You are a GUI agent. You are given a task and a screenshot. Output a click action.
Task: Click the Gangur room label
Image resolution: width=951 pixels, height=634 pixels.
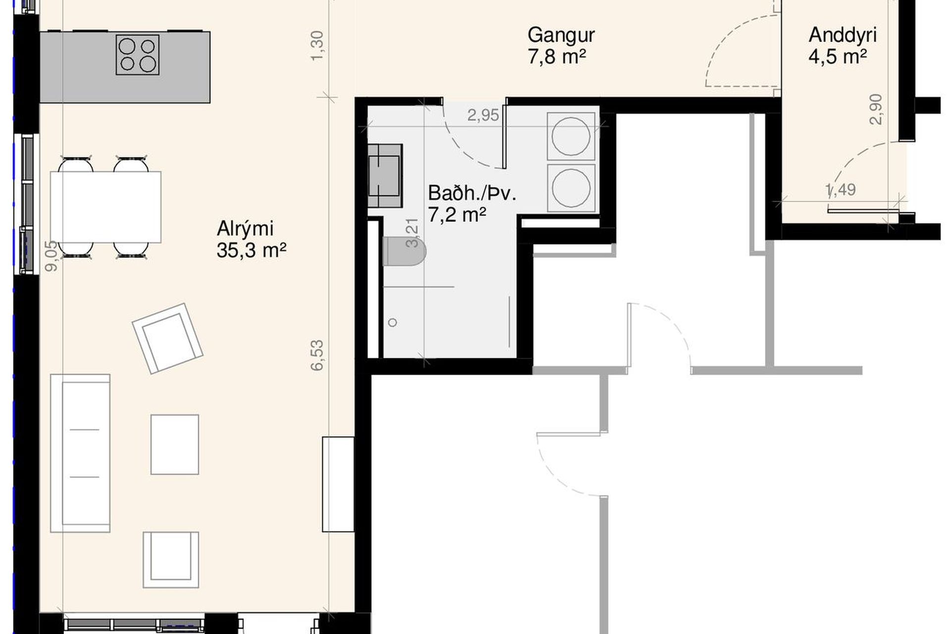pyautogui.click(x=561, y=35)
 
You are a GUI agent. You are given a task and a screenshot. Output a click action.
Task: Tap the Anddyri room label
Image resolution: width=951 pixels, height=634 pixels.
pyautogui.click(x=843, y=35)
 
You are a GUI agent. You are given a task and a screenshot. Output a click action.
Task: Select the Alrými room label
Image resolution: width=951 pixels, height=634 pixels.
pyautogui.click(x=245, y=228)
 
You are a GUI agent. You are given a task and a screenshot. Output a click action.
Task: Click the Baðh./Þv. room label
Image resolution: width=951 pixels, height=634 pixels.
pyautogui.click(x=472, y=193)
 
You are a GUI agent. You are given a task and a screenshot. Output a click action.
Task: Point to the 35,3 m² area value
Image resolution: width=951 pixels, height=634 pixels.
pyautogui.click(x=252, y=251)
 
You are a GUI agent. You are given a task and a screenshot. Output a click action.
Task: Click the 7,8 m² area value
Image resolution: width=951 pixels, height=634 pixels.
pyautogui.click(x=557, y=57)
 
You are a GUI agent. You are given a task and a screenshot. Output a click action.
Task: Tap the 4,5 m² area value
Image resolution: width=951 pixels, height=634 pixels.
pyautogui.click(x=838, y=56)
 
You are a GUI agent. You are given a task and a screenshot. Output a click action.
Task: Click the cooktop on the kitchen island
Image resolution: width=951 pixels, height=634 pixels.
pyautogui.click(x=138, y=54)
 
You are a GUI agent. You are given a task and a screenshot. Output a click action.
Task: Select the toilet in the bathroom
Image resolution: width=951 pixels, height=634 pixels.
pyautogui.click(x=404, y=251)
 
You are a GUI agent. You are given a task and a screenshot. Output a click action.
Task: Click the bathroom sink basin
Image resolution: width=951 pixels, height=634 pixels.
pyautogui.click(x=384, y=175)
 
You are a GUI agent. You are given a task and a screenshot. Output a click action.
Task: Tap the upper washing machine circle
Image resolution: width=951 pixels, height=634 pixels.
pyautogui.click(x=571, y=136)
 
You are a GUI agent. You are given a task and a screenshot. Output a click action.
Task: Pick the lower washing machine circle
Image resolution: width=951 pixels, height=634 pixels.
pyautogui.click(x=571, y=188)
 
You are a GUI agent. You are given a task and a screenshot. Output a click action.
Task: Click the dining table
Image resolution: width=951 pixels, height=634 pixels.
pyautogui.click(x=106, y=207)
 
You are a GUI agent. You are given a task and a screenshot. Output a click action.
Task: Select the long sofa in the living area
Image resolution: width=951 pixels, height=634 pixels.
pyautogui.click(x=80, y=453)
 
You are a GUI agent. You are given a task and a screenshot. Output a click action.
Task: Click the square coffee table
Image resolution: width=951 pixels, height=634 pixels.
pyautogui.click(x=175, y=445)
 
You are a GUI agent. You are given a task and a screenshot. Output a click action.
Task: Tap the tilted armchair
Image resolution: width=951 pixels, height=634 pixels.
pyautogui.click(x=167, y=338)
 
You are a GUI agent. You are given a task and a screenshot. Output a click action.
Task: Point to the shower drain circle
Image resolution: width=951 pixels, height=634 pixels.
pyautogui.click(x=393, y=322)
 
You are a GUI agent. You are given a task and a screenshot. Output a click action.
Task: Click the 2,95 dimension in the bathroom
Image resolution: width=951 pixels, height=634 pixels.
pyautogui.click(x=483, y=115)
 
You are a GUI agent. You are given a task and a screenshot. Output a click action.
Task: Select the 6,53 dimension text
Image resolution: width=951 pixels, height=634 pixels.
pyautogui.click(x=317, y=355)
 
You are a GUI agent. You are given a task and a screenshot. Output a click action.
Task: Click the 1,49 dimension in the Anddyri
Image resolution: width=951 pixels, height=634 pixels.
pyautogui.click(x=841, y=190)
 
